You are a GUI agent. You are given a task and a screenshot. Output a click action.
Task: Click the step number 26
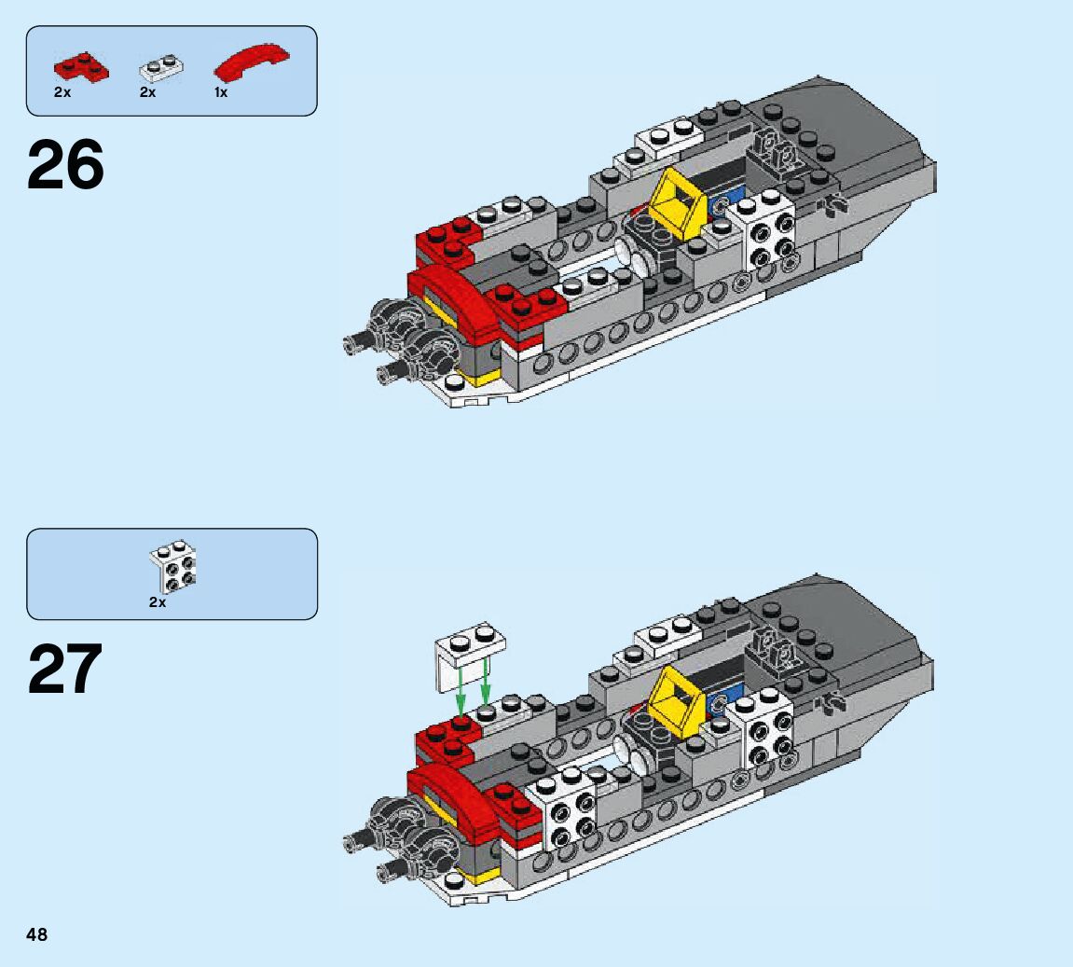click(x=65, y=165)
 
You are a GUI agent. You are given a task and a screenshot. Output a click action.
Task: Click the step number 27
click(x=65, y=669)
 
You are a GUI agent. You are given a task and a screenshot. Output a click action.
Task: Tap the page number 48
click(x=37, y=934)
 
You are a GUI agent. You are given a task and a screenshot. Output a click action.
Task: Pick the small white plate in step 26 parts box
click(x=161, y=67)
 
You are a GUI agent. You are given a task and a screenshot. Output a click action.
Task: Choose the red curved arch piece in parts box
click(x=251, y=61)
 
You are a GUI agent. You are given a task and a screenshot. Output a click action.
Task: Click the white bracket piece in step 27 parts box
click(x=173, y=566)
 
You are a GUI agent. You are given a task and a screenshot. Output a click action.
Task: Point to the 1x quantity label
click(x=220, y=92)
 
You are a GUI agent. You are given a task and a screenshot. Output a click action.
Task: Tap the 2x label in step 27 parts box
click(x=158, y=602)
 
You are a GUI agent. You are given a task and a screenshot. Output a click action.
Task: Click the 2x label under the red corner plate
click(x=62, y=92)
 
